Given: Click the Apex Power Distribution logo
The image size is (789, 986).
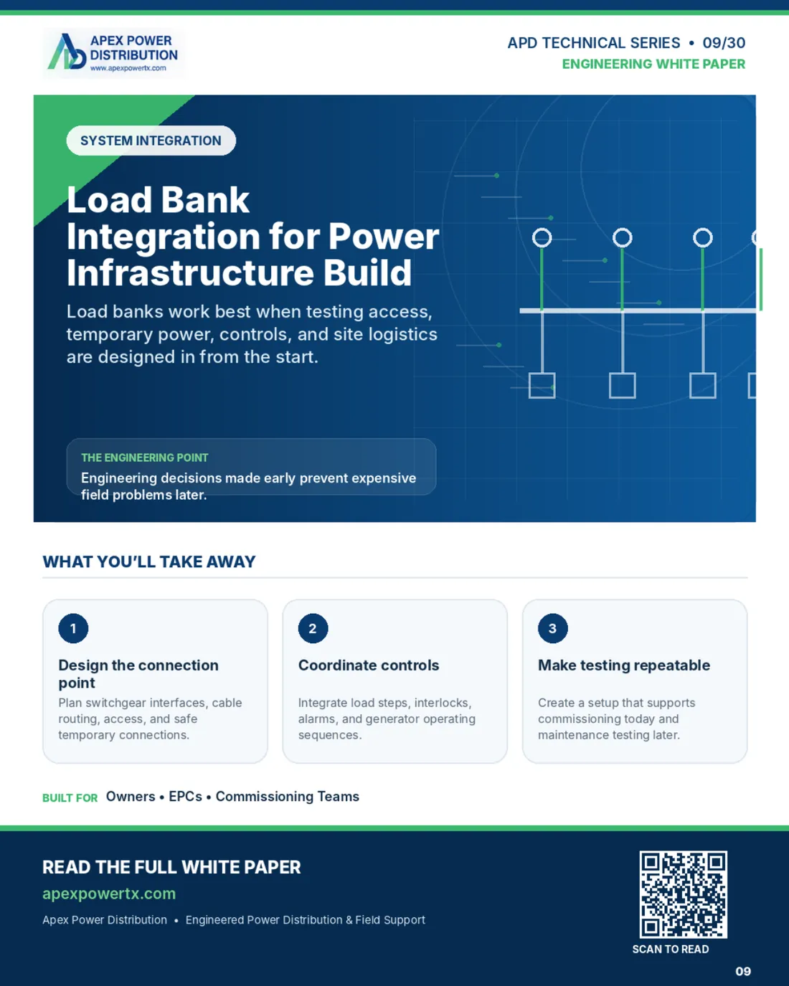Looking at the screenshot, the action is pos(114,53).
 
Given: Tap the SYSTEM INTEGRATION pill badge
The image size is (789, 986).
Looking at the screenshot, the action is pos(151,141).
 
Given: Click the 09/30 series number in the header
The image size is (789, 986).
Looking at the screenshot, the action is pos(724,43).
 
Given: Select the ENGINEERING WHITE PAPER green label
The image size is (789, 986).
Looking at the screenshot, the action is pos(653,64).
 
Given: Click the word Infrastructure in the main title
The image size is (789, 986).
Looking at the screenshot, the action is pos(190,272).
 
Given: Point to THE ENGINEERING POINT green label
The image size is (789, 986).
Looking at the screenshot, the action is pos(144,458).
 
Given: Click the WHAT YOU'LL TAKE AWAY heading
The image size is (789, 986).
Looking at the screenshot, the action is pos(149,561).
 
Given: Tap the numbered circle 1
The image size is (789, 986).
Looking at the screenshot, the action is pos(73,628).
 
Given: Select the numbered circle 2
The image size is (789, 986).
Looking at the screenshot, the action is pos(313,628).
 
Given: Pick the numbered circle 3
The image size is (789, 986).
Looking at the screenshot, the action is pos(553,628).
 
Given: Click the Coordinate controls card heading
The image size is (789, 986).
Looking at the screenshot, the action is pos(369,665).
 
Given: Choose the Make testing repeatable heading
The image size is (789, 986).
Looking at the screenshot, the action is pos(624,665).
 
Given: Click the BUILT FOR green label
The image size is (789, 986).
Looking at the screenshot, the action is pos(70,798).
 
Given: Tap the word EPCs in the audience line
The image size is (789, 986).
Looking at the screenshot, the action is pos(185,797).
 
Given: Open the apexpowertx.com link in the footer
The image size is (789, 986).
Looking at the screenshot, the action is pos(109,893).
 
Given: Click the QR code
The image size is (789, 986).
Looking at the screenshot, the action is pos(683,894).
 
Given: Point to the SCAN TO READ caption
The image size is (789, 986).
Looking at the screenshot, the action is pos(671,949).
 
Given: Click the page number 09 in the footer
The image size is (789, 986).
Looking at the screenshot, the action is pos(743,972).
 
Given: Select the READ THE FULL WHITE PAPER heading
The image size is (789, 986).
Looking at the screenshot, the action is pos(171,868).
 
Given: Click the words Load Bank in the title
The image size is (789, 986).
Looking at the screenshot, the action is pos(159,200).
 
